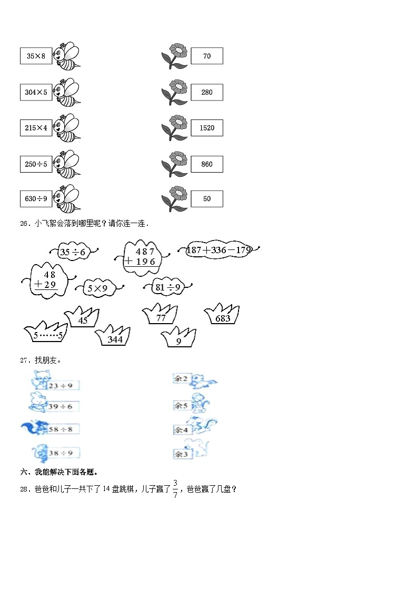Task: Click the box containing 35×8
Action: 36,56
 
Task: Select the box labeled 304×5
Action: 36,92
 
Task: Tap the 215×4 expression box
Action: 36,128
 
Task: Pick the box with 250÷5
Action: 36,164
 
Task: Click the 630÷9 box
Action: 36,199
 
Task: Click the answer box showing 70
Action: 207,56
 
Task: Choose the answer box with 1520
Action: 207,128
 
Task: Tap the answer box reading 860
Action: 207,164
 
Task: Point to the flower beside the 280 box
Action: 175,92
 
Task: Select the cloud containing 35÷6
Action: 73,252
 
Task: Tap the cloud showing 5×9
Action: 97,288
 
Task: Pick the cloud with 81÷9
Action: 167,287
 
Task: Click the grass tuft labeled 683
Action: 223,315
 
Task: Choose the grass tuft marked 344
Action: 114,337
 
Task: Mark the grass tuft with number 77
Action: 161,316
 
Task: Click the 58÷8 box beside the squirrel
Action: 63,429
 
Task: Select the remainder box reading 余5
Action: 182,406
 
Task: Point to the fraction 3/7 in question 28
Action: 175,490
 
